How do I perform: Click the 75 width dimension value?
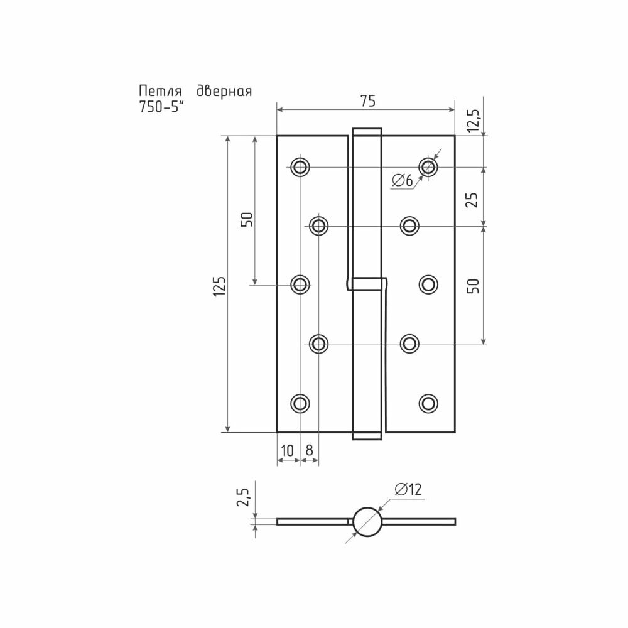[367, 100]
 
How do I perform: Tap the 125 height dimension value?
[219, 286]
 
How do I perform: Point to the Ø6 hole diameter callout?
[403, 181]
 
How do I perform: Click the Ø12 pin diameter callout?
[408, 489]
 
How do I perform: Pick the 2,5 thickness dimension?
[243, 497]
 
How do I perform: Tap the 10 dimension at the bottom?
[288, 450]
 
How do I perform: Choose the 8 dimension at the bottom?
[309, 450]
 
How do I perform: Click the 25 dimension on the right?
[474, 199]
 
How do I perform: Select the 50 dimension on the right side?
[474, 286]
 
